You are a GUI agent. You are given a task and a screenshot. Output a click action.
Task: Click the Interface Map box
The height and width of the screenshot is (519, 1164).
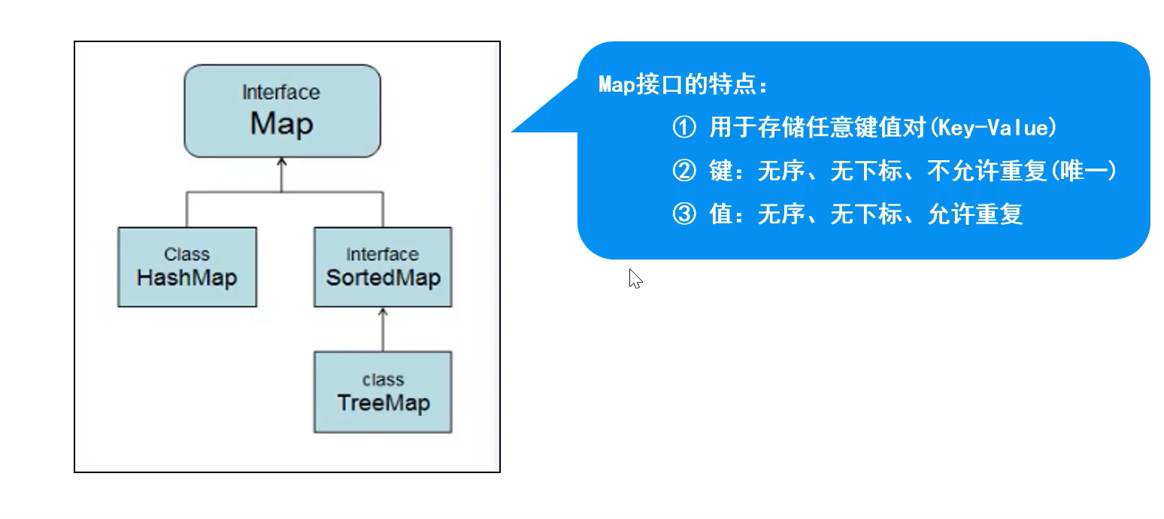pyautogui.click(x=282, y=111)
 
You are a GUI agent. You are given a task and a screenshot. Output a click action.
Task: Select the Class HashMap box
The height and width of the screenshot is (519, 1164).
pyautogui.click(x=187, y=267)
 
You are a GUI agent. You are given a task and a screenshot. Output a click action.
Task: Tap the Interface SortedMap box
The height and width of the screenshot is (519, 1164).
pyautogui.click(x=383, y=267)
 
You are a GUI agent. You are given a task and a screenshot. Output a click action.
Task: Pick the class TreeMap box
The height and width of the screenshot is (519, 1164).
pyautogui.click(x=383, y=392)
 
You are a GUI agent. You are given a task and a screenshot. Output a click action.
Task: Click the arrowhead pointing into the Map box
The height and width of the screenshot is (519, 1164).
pyautogui.click(x=282, y=162)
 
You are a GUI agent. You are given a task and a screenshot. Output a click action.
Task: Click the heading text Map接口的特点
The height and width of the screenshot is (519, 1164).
pyautogui.click(x=684, y=85)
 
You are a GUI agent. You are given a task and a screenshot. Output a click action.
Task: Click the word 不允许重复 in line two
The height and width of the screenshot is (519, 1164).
pyautogui.click(x=987, y=172)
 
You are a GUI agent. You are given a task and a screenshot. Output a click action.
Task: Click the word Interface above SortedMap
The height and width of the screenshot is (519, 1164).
pyautogui.click(x=382, y=254)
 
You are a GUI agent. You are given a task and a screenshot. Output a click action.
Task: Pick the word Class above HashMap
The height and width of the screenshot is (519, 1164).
pyautogui.click(x=186, y=254)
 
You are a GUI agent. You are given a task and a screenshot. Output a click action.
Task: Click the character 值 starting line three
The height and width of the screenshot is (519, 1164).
pyautogui.click(x=720, y=215)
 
